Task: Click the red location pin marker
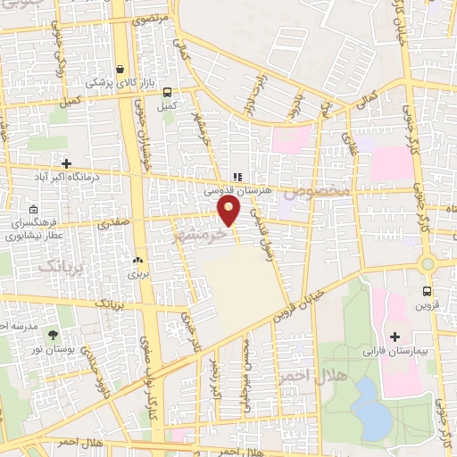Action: pos(228,210)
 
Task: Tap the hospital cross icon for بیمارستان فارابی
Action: pos(395,337)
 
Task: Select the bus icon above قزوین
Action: pos(427,290)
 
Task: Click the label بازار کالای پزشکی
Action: pos(120,83)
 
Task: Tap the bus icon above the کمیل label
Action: pos(165,92)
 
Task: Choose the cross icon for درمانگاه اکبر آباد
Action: pos(67,162)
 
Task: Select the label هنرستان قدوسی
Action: pos(237,190)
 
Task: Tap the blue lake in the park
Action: pos(371,407)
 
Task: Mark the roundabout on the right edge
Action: pos(428,263)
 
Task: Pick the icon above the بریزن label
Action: pos(137,261)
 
